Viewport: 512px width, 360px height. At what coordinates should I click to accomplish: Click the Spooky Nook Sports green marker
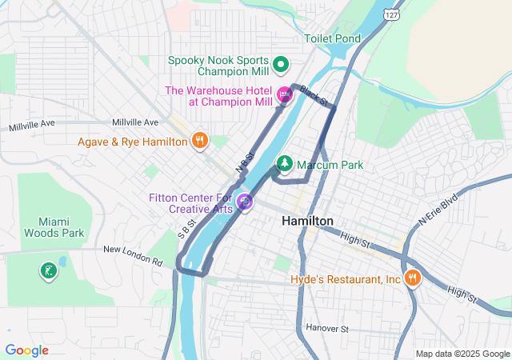pos(281,63)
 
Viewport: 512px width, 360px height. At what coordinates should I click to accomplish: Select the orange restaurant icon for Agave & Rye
pos(200,142)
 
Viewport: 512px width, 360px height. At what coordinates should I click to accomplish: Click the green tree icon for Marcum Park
pos(284,165)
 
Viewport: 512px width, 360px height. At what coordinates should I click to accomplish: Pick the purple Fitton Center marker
pos(246,203)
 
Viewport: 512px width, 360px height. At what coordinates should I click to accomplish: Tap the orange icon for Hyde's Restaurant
pos(413,278)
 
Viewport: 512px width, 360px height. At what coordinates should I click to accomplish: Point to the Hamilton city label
pos(307,221)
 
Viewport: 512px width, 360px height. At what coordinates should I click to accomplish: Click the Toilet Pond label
pos(332,38)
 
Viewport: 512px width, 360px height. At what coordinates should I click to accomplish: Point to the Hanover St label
pos(327,328)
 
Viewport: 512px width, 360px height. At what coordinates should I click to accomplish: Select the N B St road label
pos(244,162)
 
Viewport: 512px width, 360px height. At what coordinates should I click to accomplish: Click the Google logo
pos(26,350)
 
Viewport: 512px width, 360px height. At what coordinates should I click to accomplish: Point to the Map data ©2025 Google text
pos(462,354)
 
